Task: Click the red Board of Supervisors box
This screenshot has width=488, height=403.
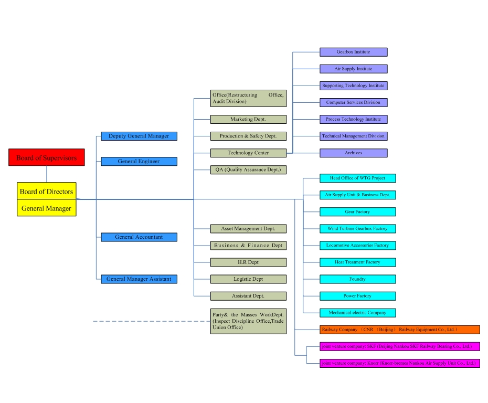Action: [46, 157]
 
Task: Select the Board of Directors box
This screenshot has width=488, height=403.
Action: [46, 191]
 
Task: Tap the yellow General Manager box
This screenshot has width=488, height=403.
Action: [46, 208]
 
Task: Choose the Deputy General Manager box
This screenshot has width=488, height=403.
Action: [139, 136]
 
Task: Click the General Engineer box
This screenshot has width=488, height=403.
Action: [139, 161]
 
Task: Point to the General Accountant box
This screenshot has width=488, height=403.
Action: [139, 237]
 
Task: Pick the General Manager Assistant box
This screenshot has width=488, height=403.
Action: [139, 279]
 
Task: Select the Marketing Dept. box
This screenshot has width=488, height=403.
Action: [248, 119]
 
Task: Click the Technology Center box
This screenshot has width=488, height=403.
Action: [248, 153]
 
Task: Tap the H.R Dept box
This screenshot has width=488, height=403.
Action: [248, 262]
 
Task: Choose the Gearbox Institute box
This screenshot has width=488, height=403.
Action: [353, 52]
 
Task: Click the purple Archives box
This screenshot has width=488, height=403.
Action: [353, 153]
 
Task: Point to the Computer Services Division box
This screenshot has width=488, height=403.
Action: [353, 102]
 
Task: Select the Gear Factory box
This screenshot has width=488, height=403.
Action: [357, 211]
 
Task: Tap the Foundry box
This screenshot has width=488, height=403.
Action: [357, 279]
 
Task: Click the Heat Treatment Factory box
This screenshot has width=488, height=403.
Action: [357, 262]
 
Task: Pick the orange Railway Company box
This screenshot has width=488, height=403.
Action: [399, 330]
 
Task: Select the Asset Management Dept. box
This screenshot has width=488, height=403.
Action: [248, 228]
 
